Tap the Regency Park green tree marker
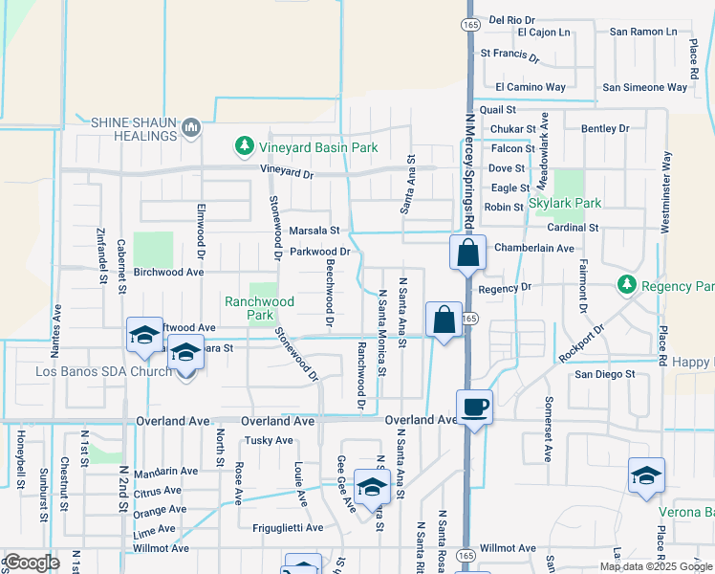pos(627,284)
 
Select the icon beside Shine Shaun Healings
pos(191,126)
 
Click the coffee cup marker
pos(474,408)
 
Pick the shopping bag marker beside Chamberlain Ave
pos(468,254)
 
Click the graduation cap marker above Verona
pos(645,475)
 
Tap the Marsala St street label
pos(315,231)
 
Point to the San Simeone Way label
pos(644,87)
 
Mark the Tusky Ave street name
pos(269,440)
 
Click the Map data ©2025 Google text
pos(656,566)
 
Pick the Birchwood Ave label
pos(169,272)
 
